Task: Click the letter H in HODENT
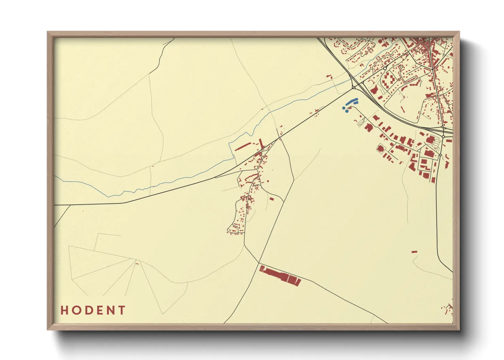(x=64, y=310)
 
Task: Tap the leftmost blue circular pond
(x=344, y=108)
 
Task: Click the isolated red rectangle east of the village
(x=271, y=198)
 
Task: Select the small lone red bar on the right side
(x=414, y=252)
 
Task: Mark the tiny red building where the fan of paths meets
(x=137, y=263)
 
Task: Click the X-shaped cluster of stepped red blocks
(x=389, y=80)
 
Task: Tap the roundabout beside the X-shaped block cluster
(x=385, y=68)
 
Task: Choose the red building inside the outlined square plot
(x=380, y=148)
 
